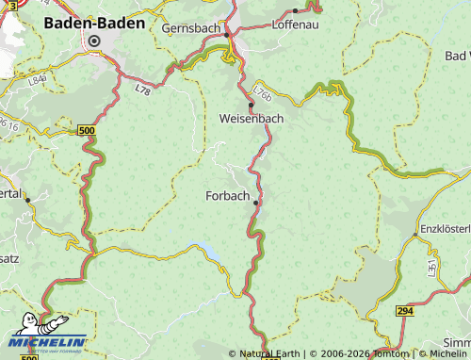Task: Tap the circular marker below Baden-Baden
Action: click(94, 41)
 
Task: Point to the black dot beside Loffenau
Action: click(295, 11)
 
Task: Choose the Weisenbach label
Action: click(251, 119)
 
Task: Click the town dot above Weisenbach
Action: click(251, 105)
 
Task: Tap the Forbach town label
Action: click(227, 196)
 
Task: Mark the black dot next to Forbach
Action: click(255, 201)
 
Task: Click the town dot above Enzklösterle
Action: click(415, 233)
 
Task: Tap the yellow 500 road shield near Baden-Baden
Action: click(87, 128)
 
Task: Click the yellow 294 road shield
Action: click(405, 310)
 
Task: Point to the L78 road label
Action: click(142, 90)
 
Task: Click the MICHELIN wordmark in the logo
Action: click(52, 342)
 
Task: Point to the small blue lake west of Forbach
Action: click(209, 252)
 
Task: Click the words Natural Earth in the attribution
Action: click(269, 353)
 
